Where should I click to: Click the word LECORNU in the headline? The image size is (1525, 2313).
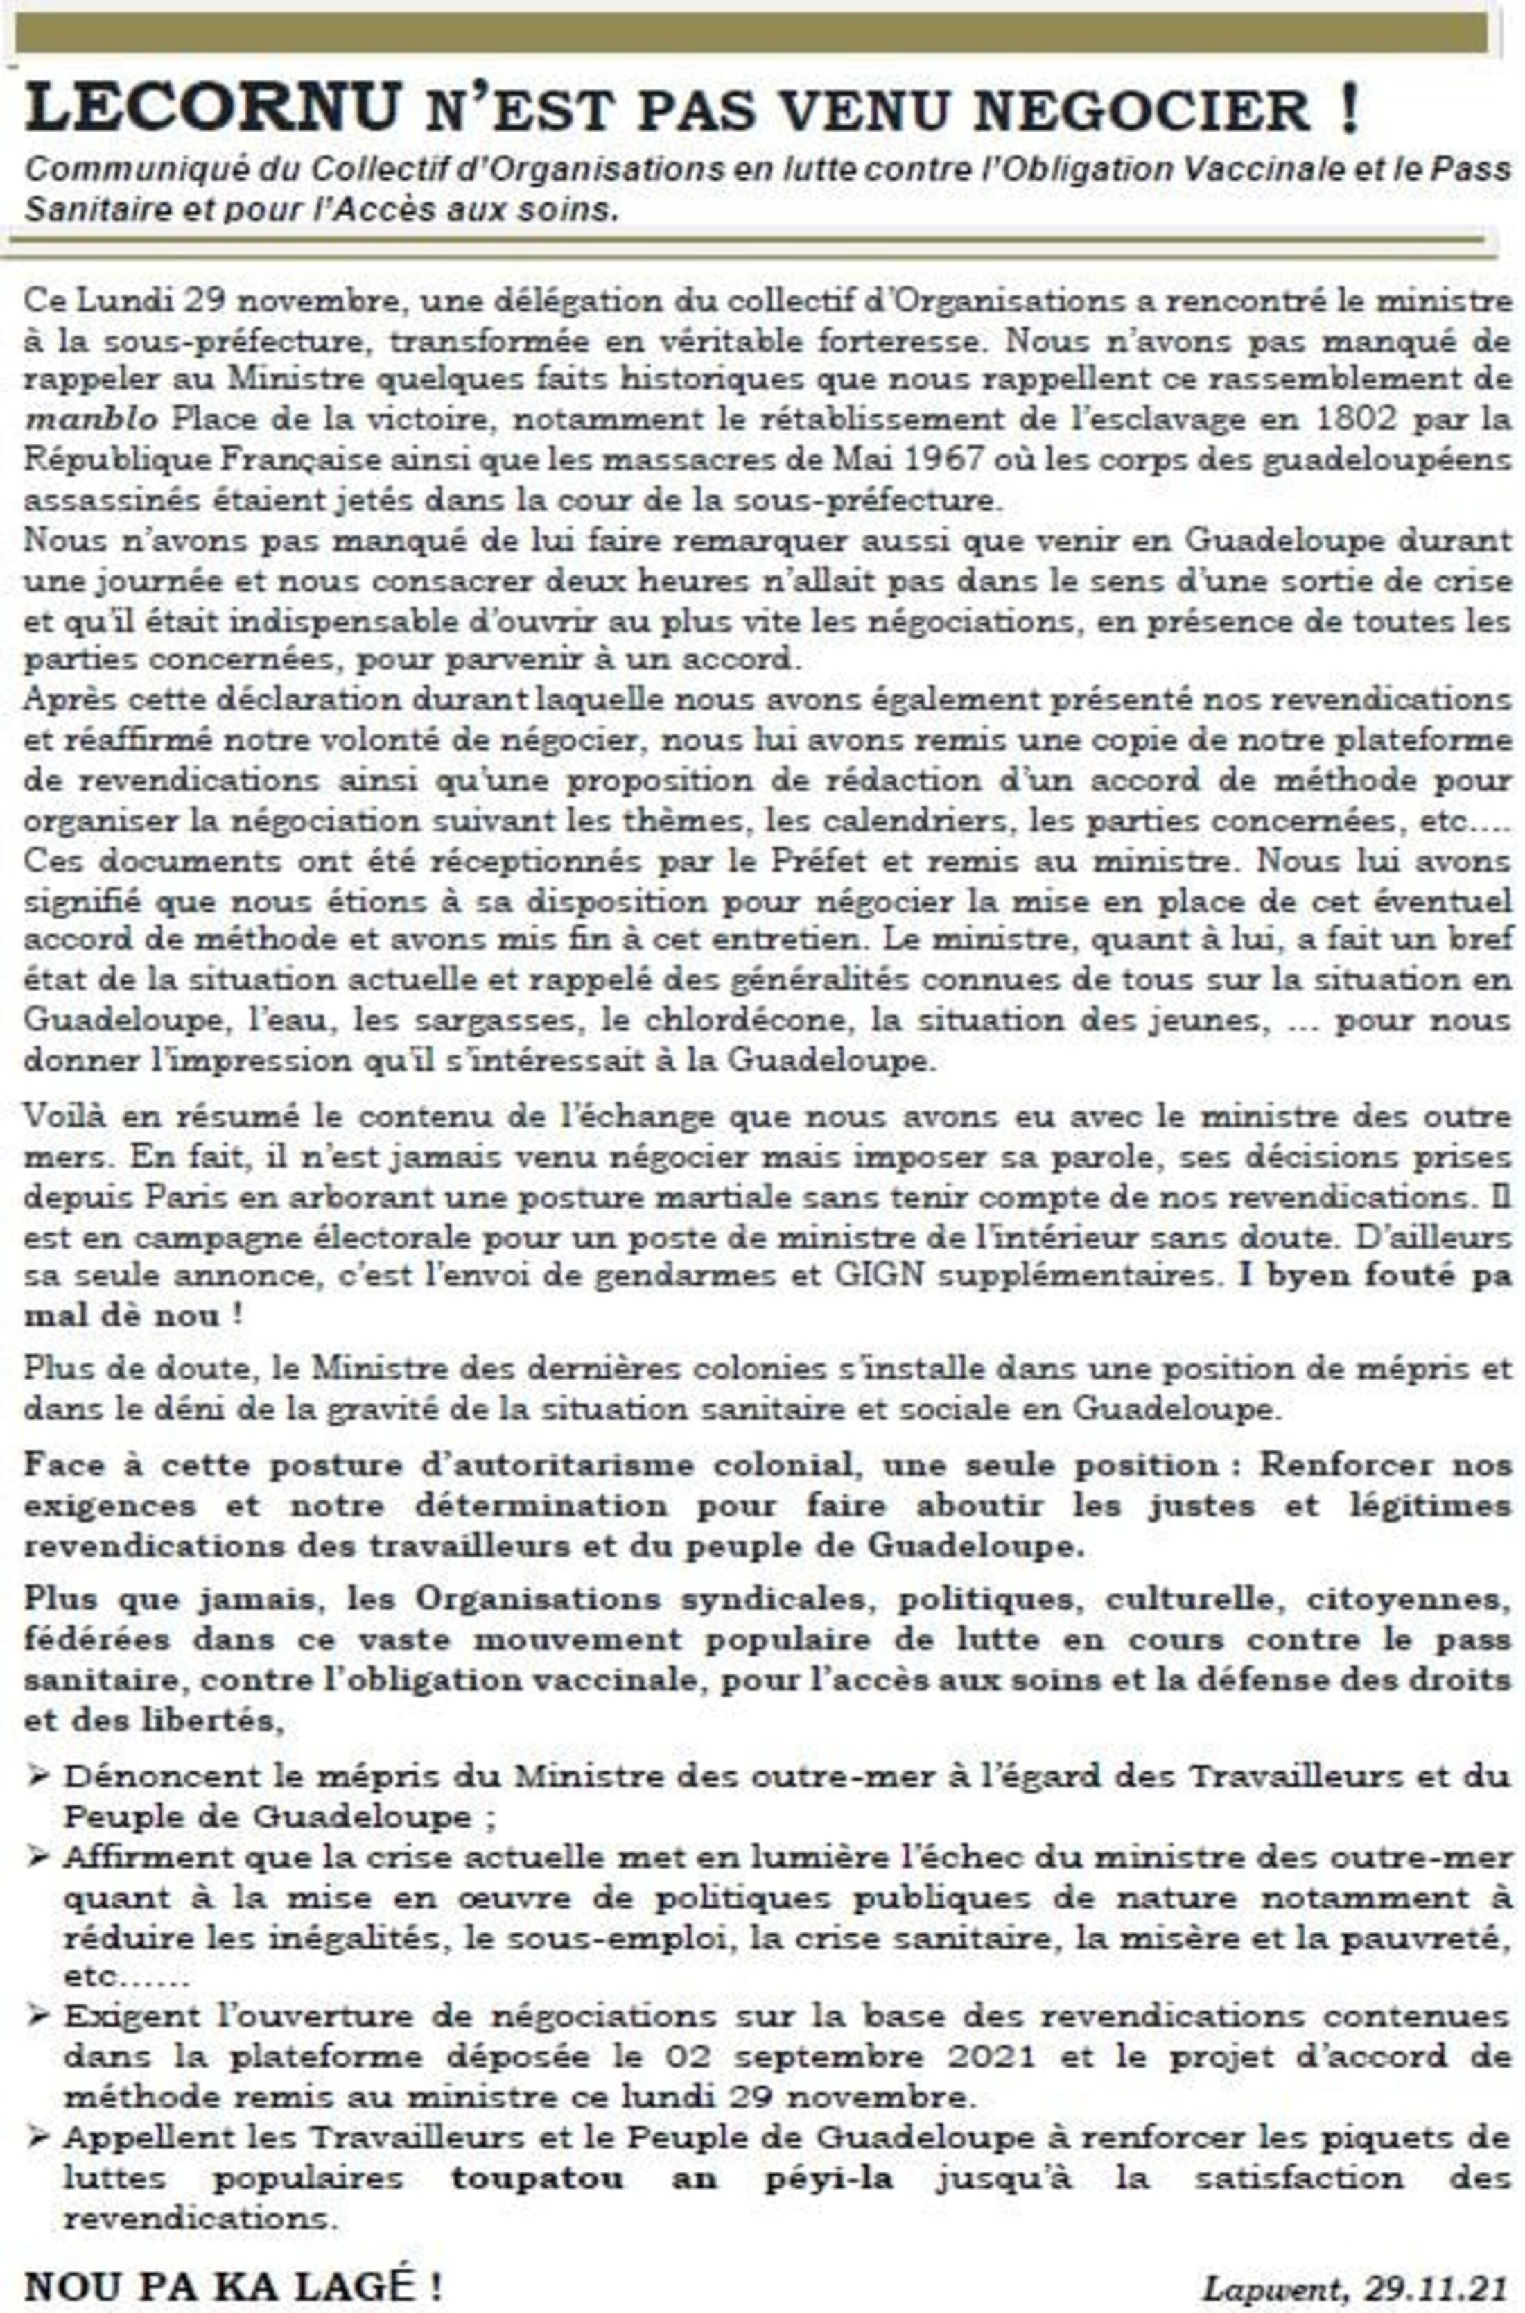(213, 108)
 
